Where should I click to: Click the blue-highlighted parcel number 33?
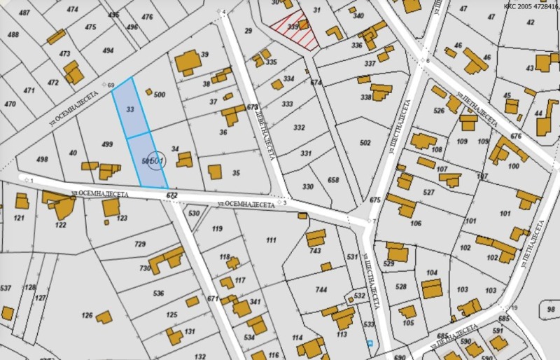coord(130,109)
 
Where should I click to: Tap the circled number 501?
coord(157,162)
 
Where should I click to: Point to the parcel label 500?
coord(159,95)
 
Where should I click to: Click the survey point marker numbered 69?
coord(105,85)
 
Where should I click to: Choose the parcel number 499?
coord(107,144)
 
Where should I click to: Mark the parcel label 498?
coord(42,159)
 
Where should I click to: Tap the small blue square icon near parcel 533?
coord(369,343)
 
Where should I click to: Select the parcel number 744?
coord(321,289)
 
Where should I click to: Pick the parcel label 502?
coord(365,143)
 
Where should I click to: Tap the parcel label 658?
coord(333,180)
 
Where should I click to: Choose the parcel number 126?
coord(87,314)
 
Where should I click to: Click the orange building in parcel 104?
coord(431,288)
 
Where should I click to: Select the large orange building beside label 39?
coord(187,62)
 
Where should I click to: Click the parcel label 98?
coord(552,308)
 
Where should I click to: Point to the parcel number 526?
coord(439,110)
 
